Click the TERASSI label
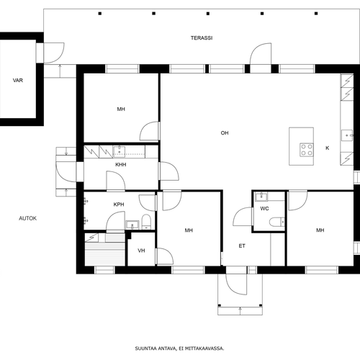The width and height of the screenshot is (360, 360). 202,38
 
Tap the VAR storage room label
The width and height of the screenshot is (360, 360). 18,81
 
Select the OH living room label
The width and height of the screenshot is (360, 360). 225,133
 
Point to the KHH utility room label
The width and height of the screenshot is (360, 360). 121,165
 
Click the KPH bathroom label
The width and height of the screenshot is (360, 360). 119,204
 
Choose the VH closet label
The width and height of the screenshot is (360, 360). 141,251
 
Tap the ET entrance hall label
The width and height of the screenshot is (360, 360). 242,246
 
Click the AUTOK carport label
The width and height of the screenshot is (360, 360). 28,218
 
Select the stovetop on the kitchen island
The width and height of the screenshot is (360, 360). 307,150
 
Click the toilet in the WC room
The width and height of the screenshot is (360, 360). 277,222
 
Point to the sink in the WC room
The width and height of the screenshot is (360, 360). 261,197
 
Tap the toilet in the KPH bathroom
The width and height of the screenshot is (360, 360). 146,222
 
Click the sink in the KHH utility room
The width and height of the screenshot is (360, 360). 119,152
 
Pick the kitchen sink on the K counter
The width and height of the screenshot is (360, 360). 347,135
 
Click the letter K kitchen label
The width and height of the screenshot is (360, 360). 328,148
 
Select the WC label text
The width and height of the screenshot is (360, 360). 264,209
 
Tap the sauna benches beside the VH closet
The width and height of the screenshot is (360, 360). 105,250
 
